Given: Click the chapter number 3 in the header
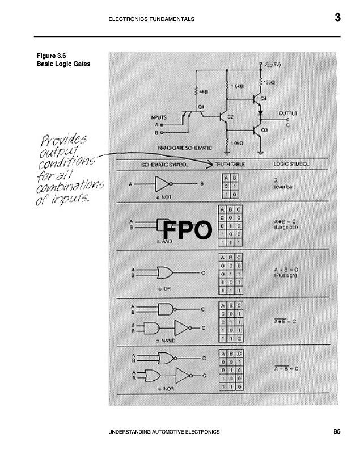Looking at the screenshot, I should (337, 18).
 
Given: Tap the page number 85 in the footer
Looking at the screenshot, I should (337, 432).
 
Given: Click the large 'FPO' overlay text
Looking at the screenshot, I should (187, 231).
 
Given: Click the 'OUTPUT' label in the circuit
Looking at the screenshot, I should (288, 113).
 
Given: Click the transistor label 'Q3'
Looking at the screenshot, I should (264, 130).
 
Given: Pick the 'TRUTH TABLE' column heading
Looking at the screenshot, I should (229, 165).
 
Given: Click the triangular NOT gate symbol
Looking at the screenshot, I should (163, 183).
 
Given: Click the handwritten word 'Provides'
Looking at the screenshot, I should (63, 140).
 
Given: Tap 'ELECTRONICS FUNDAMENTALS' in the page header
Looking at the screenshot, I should (151, 19).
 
